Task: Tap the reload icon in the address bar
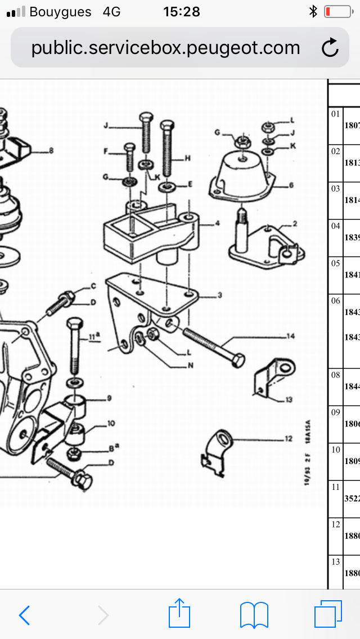(x=330, y=48)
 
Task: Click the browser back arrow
(x=24, y=615)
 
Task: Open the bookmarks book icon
(x=254, y=615)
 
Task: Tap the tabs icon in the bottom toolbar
(x=328, y=614)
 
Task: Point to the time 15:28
(x=181, y=12)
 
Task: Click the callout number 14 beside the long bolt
(x=290, y=337)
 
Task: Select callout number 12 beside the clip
(x=289, y=438)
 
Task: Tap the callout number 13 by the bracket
(x=289, y=400)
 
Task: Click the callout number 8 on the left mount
(x=51, y=150)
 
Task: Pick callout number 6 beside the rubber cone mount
(x=291, y=184)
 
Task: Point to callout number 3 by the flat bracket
(x=220, y=295)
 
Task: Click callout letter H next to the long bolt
(x=188, y=159)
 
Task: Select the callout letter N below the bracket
(x=191, y=366)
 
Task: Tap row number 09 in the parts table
(x=336, y=412)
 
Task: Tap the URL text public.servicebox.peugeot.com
(x=165, y=48)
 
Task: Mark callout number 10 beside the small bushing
(x=111, y=423)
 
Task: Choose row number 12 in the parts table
(x=336, y=525)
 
